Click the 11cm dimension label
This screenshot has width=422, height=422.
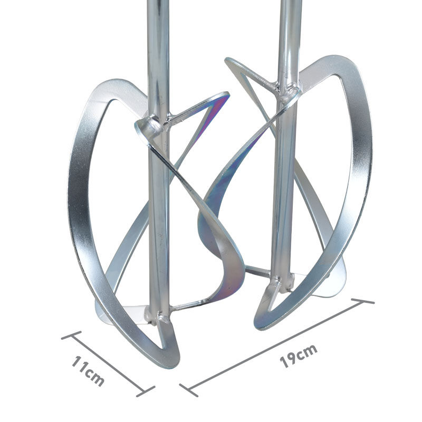tap(88, 371)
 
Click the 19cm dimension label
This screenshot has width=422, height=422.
tap(299, 356)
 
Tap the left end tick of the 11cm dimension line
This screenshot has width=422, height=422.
tap(71, 335)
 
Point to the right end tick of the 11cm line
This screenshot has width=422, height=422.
tap(146, 391)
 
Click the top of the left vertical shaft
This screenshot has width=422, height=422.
tap(158, 2)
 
